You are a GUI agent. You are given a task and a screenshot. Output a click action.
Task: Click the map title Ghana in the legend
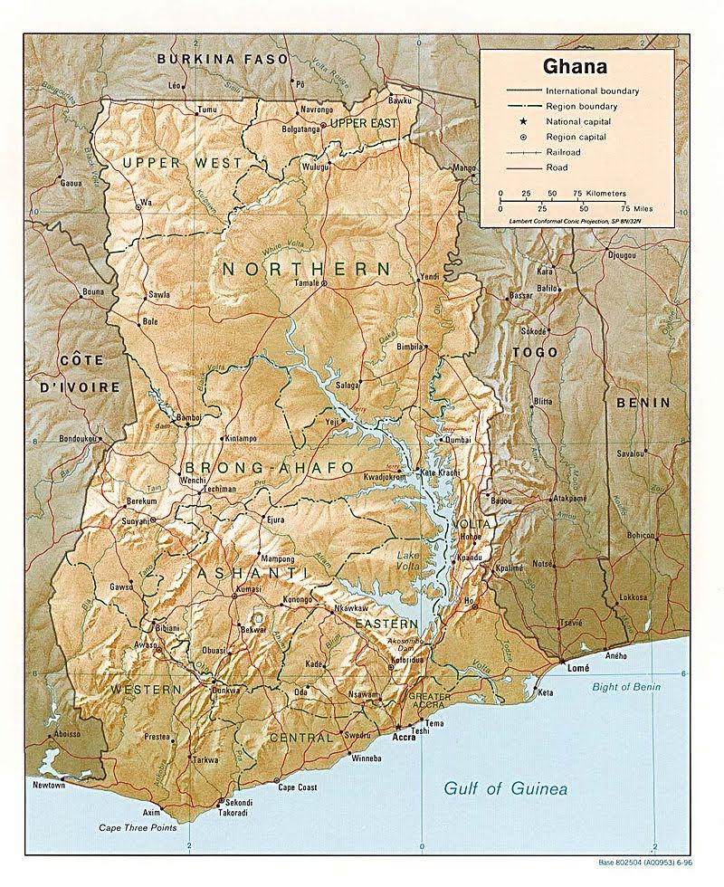click(x=574, y=66)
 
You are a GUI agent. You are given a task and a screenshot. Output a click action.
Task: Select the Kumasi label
click(x=247, y=589)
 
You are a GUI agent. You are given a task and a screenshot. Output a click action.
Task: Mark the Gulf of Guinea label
click(x=505, y=789)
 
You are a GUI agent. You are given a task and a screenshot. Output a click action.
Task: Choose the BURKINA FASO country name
click(x=223, y=59)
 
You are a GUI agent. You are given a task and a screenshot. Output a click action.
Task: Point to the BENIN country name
click(x=643, y=403)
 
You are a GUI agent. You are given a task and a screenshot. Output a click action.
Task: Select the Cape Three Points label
click(x=138, y=828)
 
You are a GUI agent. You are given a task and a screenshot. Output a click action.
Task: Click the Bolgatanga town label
click(x=279, y=129)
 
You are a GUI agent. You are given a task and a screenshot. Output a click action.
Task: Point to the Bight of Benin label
click(x=626, y=687)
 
